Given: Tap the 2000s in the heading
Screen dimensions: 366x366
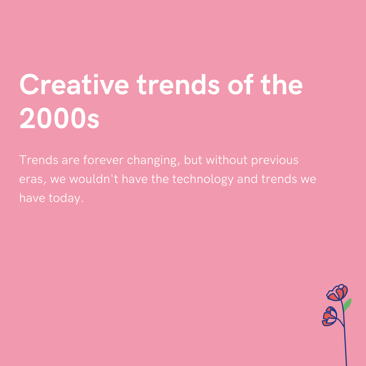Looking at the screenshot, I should (x=59, y=119).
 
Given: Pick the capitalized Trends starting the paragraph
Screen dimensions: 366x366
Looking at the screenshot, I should (x=39, y=160).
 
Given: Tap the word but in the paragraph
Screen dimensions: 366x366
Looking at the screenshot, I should (x=194, y=160).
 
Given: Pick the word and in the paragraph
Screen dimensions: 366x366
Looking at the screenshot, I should (x=248, y=179).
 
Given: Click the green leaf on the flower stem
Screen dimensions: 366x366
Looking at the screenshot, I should (x=347, y=305).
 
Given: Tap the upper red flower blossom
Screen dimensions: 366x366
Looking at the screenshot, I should (x=338, y=293).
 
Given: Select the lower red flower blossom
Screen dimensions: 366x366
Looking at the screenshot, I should (x=330, y=317).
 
